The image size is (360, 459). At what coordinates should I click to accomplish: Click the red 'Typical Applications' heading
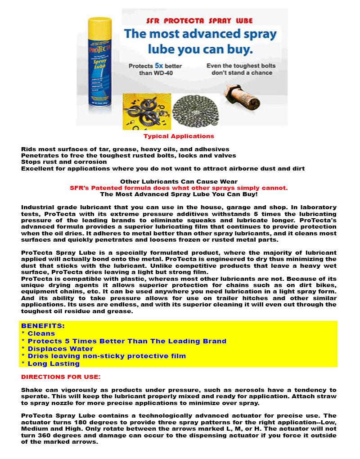coord(179,136)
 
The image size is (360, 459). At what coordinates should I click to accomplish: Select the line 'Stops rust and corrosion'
coord(64,162)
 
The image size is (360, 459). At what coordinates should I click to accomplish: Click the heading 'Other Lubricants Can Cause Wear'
coord(179,182)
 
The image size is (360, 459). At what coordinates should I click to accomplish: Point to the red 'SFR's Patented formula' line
coord(179,188)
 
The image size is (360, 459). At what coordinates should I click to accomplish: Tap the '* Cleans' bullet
coord(38,333)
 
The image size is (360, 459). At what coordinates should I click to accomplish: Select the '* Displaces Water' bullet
coord(57,349)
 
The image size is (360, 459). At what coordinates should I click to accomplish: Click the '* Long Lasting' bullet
coord(50,364)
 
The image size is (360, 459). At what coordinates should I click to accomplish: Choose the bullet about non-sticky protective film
coord(103,356)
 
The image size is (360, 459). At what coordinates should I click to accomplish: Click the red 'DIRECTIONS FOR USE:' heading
coord(61,376)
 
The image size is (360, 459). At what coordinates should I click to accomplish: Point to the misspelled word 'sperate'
coord(32,397)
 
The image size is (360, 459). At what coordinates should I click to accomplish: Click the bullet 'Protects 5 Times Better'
coord(124,341)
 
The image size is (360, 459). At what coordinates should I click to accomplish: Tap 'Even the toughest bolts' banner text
coord(241,66)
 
